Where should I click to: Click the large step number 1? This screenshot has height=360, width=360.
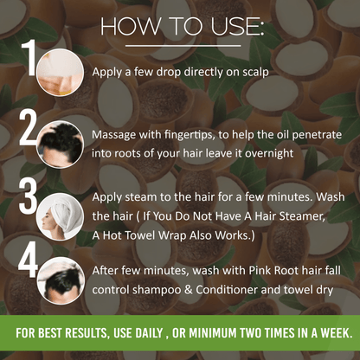coord(29,58)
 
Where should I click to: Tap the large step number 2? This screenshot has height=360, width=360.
coord(29,128)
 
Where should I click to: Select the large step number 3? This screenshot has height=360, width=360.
coord(28,196)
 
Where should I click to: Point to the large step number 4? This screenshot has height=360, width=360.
coord(28,260)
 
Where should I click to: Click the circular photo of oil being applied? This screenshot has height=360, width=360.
coord(60,72)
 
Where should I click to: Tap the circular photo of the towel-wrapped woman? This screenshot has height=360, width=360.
coord(60,216)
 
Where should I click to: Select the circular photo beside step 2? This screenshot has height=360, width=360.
coord(60,145)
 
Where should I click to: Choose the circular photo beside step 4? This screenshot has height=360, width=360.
coord(61,280)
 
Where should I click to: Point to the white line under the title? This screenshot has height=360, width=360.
coord(183,46)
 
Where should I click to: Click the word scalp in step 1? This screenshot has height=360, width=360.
coord(255,72)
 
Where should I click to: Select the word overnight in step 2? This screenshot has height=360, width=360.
coord(269,153)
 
